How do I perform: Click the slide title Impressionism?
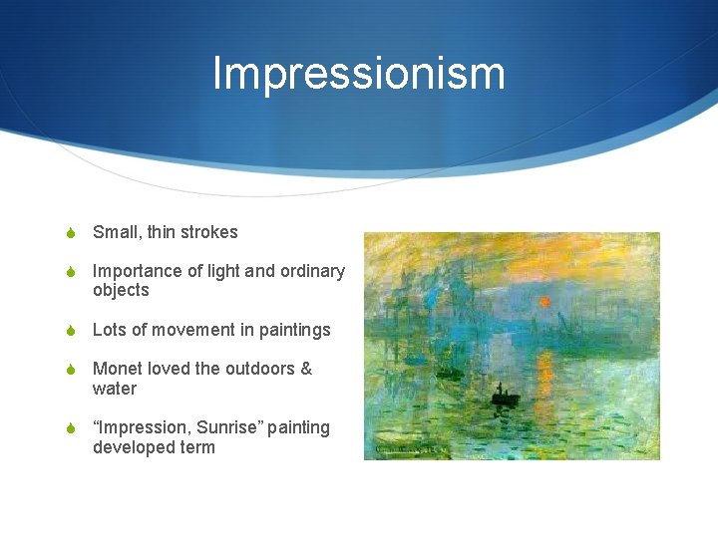pyautogui.click(x=359, y=74)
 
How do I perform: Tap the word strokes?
pyautogui.click(x=209, y=232)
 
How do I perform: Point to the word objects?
pyautogui.click(x=121, y=291)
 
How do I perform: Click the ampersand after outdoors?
pyautogui.click(x=305, y=369)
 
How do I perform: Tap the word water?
pyautogui.click(x=115, y=389)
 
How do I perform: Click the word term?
pyautogui.click(x=197, y=447)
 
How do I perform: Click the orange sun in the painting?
pyautogui.click(x=544, y=301)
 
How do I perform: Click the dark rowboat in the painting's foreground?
pyautogui.click(x=505, y=400)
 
